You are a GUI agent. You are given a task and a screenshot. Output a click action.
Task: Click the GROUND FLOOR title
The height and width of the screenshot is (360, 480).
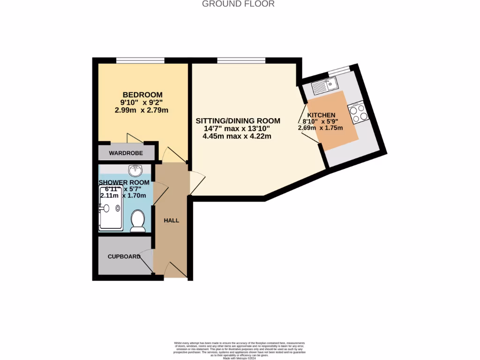tap(238, 4)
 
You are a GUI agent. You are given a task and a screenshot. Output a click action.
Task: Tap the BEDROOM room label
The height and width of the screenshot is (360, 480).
tap(142, 94)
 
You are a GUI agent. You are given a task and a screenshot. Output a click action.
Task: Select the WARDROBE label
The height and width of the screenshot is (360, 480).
tap(125, 153)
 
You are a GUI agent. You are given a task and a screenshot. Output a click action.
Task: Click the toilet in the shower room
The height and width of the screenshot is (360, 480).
tap(137, 220)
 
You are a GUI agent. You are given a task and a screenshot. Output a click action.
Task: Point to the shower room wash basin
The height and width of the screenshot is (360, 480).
tap(134, 169)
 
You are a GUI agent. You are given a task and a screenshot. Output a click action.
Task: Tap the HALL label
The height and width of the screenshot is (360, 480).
tap(171, 220)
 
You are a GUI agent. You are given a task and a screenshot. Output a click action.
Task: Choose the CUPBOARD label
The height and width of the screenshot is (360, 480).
tap(124, 256)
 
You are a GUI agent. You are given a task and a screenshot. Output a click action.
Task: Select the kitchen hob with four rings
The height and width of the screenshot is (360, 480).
tap(358, 112)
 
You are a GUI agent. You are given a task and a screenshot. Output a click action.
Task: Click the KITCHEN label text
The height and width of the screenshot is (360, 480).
tap(321, 115)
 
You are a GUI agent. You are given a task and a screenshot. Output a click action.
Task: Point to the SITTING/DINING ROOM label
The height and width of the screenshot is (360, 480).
tap(238, 120)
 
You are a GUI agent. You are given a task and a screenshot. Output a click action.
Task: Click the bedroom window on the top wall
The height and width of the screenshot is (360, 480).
tap(140, 60)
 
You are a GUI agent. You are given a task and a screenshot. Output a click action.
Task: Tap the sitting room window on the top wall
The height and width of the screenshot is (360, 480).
tap(241, 60)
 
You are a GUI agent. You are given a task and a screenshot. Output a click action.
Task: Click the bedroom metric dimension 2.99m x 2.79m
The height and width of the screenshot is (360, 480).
tap(142, 111)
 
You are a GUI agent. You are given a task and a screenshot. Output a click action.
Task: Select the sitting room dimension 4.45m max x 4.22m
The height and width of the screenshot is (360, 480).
tap(237, 136)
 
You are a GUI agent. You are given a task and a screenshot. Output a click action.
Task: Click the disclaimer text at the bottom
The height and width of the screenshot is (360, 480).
tap(240, 350)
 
